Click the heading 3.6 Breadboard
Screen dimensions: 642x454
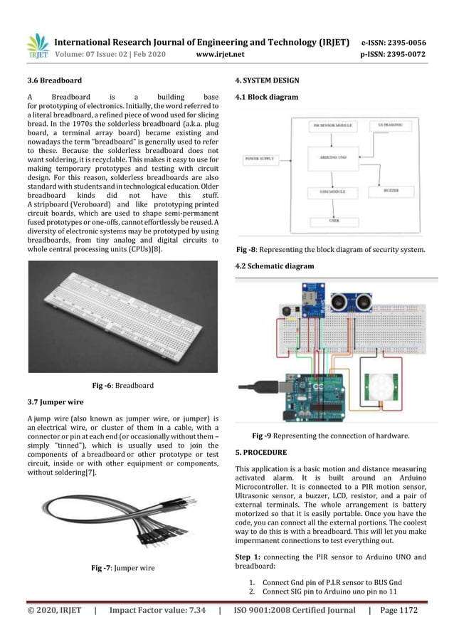click(55, 80)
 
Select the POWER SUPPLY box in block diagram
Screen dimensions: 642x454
click(260, 158)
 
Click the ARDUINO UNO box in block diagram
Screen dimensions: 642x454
click(333, 158)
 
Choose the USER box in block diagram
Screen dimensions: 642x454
click(333, 221)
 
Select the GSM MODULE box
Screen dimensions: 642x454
click(333, 191)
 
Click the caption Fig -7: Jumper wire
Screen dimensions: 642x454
click(123, 568)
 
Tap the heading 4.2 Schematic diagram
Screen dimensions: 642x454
click(274, 266)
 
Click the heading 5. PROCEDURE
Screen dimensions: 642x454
click(261, 452)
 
